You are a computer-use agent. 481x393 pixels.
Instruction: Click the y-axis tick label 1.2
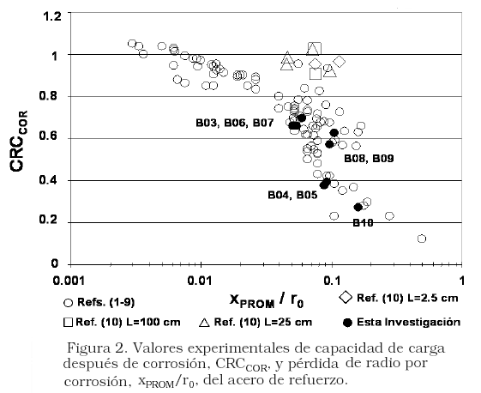click(51, 16)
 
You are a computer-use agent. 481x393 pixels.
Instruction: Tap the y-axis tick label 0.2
click(48, 221)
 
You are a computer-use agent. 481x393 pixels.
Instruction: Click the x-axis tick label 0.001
click(69, 281)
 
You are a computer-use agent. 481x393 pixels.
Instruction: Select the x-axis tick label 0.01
click(201, 281)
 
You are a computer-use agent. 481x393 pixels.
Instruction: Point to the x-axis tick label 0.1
click(332, 281)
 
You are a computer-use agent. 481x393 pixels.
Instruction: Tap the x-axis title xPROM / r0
click(267, 299)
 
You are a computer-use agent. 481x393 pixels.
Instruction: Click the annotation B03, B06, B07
click(234, 123)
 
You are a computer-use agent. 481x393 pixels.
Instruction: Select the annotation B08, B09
click(369, 159)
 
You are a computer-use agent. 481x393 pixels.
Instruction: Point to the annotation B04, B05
click(292, 195)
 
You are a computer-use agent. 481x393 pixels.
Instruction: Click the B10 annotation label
click(363, 222)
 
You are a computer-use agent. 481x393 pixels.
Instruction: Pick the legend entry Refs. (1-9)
click(99, 303)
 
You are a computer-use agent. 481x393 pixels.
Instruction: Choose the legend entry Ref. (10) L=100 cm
click(122, 322)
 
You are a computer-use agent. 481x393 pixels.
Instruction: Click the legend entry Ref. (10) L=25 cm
click(256, 322)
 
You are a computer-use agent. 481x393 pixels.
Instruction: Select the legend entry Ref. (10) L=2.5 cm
click(399, 298)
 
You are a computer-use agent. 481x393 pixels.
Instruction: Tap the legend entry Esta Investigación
click(402, 322)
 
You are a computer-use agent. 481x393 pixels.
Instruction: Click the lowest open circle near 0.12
click(422, 239)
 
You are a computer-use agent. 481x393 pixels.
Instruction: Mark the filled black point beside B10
click(358, 208)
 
